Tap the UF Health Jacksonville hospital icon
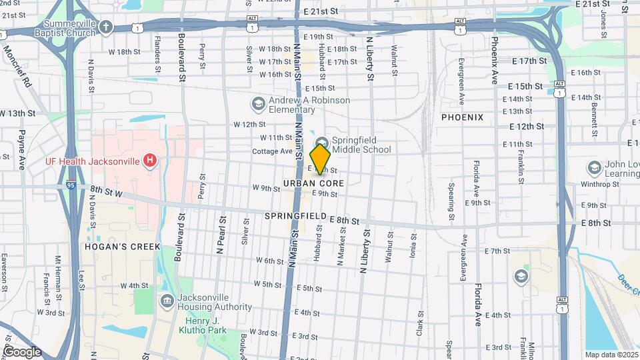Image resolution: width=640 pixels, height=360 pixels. pos(151,161)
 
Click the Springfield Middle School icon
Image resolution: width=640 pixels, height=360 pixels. pos(323,141)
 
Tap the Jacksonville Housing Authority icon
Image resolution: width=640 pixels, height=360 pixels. pos(167,302)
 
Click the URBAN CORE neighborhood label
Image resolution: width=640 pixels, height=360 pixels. pos(313,183)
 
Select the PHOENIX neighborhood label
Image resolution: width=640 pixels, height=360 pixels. pos(462,117)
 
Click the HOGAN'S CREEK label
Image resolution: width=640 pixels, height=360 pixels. pos(122,247)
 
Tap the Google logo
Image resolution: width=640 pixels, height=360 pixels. pos(22,351)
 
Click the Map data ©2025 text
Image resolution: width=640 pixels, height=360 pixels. pos(611,355)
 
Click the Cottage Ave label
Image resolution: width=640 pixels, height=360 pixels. pos(272,151)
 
